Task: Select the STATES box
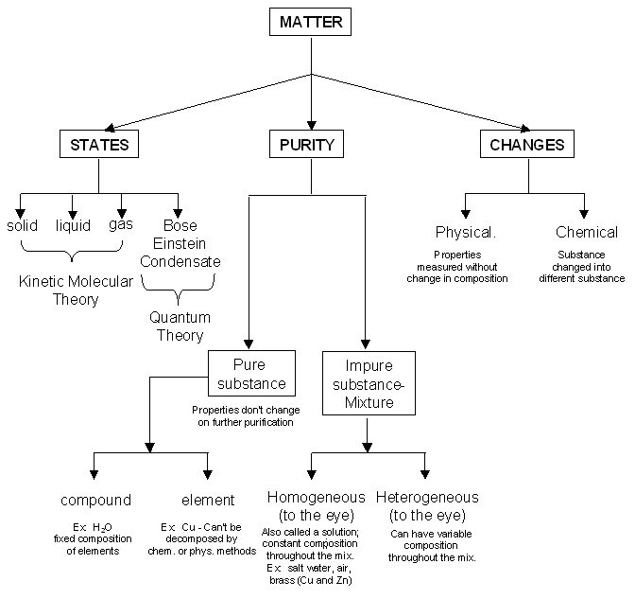coord(99,145)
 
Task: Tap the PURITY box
coord(306,145)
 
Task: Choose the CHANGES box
coord(527,145)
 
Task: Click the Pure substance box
coord(248,373)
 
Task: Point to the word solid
coord(22,225)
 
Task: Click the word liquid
coord(73,225)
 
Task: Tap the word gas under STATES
coord(121,224)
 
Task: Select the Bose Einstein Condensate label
coord(180,243)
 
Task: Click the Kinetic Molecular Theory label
coord(71,291)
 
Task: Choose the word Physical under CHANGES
coord(466,232)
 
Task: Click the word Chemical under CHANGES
coord(586,232)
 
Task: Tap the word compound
coord(95,500)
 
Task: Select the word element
coord(207,500)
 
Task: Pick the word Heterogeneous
coord(427,498)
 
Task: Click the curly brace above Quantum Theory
coord(179,284)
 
